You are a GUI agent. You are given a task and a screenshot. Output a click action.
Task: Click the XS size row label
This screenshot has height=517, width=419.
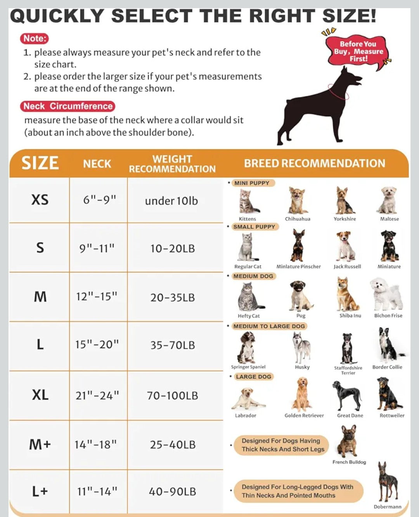pyautogui.click(x=40, y=200)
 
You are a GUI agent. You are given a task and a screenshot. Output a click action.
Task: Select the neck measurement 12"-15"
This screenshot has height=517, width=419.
pyautogui.click(x=97, y=296)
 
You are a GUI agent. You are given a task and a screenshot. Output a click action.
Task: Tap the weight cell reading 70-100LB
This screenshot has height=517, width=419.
pyautogui.click(x=172, y=396)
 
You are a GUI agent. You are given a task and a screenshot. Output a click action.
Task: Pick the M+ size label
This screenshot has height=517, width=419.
pyautogui.click(x=40, y=444)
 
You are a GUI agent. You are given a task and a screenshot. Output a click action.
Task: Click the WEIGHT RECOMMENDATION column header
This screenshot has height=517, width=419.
pyautogui.click(x=172, y=164)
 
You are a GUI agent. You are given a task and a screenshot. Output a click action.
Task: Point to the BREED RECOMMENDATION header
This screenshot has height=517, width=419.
pyautogui.click(x=314, y=163)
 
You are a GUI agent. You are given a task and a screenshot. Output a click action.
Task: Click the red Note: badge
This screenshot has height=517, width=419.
pyautogui.click(x=34, y=38)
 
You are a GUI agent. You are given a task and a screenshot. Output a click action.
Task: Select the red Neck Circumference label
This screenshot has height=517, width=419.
pyautogui.click(x=68, y=106)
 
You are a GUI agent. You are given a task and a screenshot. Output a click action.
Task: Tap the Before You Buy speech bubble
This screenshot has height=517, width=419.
pyautogui.click(x=358, y=52)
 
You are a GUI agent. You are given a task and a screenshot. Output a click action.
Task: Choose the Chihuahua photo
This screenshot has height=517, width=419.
pyautogui.click(x=298, y=200)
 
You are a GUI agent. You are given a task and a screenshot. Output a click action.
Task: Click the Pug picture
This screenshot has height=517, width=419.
pyautogui.click(x=301, y=296)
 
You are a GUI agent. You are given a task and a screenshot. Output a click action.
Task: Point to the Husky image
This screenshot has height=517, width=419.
pyautogui.click(x=302, y=347)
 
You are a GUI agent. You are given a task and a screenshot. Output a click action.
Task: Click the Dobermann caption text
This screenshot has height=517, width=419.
pyautogui.click(x=387, y=507)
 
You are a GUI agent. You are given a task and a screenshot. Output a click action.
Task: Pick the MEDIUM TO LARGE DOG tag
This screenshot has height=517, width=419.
pyautogui.click(x=269, y=326)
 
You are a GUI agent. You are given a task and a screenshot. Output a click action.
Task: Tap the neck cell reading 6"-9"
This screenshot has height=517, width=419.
pyautogui.click(x=99, y=200)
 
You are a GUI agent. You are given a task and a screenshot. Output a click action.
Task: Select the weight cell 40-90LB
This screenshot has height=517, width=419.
pyautogui.click(x=172, y=492)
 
